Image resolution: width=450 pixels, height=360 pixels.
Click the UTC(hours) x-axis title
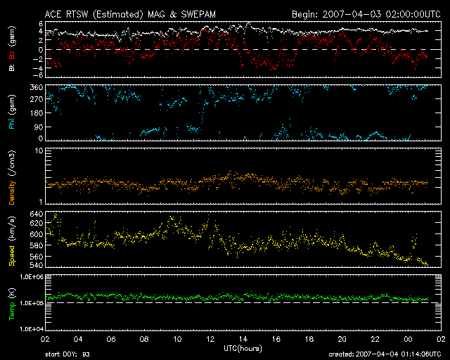click(243, 349)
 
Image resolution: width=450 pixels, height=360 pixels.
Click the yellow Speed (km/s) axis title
click(12, 240)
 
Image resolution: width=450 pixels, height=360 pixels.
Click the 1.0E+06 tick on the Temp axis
click(30, 277)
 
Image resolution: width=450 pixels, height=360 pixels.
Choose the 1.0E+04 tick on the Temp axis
click(30, 328)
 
